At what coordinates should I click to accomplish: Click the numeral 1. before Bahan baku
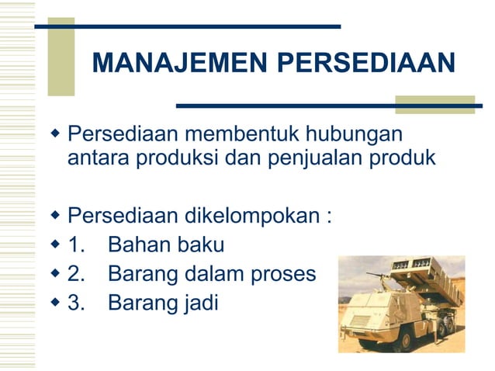[x=78, y=245]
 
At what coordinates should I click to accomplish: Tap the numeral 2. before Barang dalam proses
[x=78, y=274]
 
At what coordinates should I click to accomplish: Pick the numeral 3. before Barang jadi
[x=78, y=302]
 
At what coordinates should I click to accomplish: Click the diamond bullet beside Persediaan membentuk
[x=54, y=135]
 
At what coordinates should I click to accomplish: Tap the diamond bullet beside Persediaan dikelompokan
[x=54, y=214]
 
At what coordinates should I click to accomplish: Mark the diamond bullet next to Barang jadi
[x=54, y=302]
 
